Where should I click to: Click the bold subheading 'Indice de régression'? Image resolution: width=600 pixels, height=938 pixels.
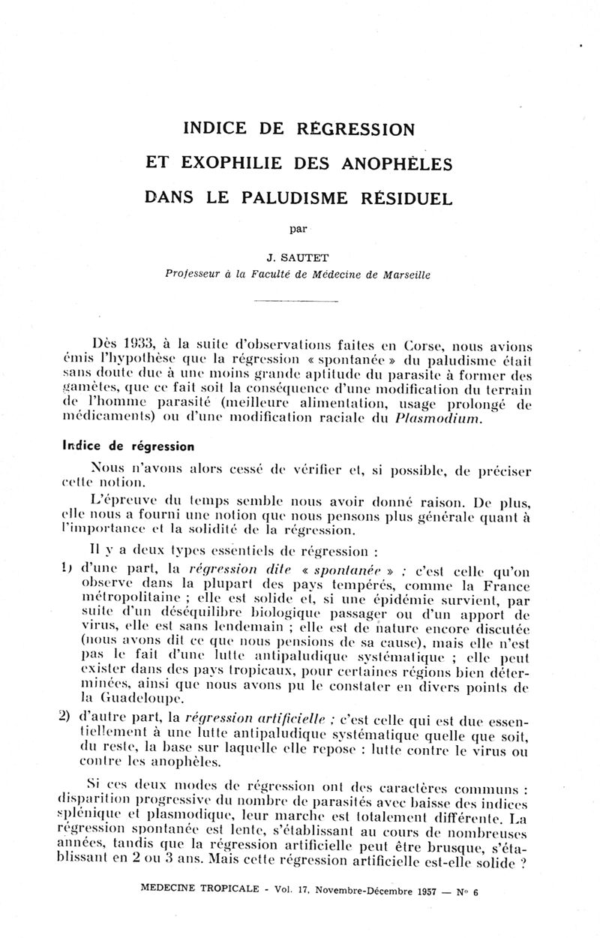128,446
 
